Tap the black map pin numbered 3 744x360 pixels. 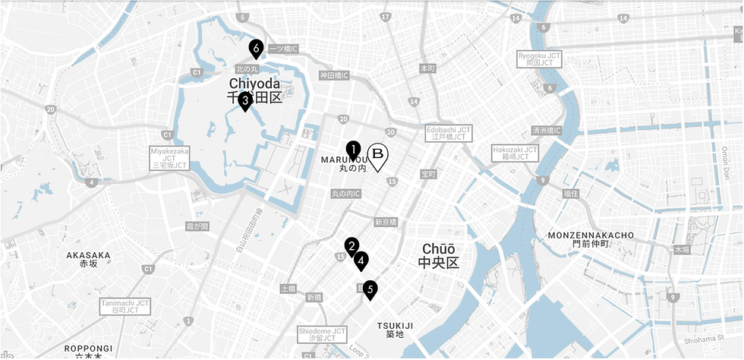click(x=245, y=101)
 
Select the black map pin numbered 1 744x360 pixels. click(x=353, y=150)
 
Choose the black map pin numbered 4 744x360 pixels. click(x=361, y=261)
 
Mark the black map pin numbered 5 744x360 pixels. click(x=370, y=289)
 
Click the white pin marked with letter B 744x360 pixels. click(x=377, y=155)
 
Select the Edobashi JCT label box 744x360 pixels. click(x=449, y=133)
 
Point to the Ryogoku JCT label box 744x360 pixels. click(x=539, y=58)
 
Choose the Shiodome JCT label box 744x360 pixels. click(x=322, y=335)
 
